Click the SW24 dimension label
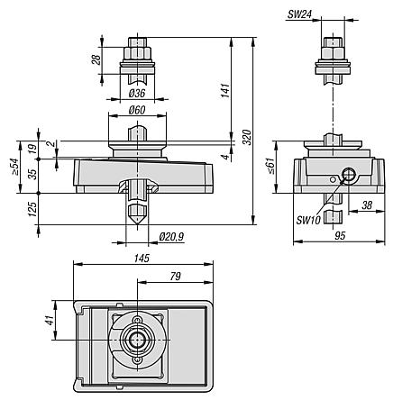coord(298,15)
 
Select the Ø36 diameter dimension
coord(137,93)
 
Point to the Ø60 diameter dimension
coord(137,110)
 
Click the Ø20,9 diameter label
coord(170,236)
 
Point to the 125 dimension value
coord(32,209)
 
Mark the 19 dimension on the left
coord(32,148)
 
